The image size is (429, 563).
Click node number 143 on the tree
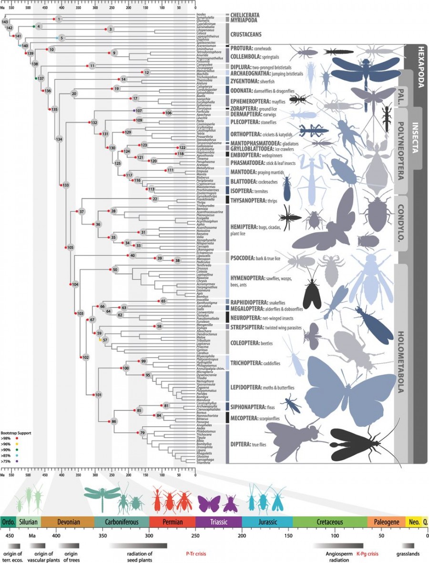(5, 22)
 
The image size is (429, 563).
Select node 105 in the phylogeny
(70, 247)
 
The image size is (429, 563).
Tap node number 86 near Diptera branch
(114, 421)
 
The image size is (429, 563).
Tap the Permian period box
(172, 522)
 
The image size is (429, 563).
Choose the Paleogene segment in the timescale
(386, 522)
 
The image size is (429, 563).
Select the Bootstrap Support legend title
(16, 432)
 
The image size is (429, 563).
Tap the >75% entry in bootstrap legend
(6, 461)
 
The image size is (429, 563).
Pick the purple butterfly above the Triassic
(209, 502)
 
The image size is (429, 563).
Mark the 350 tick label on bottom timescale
(102, 535)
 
